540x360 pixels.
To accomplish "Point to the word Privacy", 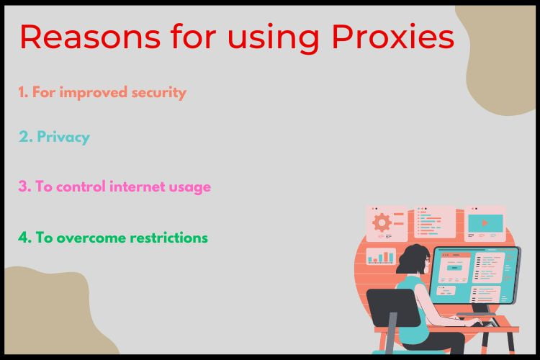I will coord(63,137).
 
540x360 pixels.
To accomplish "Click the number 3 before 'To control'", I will coord(22,186).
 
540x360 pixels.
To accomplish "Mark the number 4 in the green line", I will coord(23,238).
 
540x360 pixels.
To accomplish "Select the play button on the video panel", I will coord(485,222).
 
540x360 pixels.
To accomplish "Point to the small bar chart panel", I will coord(381,256).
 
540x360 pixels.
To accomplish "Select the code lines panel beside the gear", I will coord(434,222).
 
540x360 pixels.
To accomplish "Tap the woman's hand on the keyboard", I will coord(472,322).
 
